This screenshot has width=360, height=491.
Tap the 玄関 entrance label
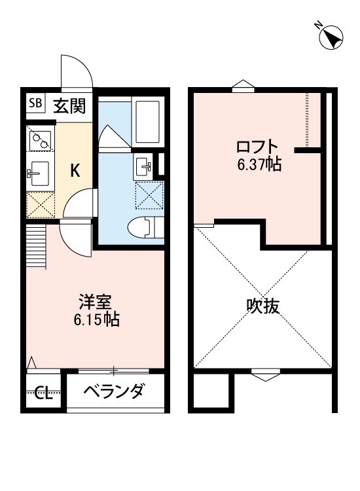click(68, 105)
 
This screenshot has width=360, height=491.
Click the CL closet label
click(43, 393)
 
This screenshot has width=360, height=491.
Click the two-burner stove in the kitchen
click(41, 139)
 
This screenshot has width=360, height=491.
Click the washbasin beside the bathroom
click(143, 166)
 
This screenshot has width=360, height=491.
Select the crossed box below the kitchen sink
click(41, 205)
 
